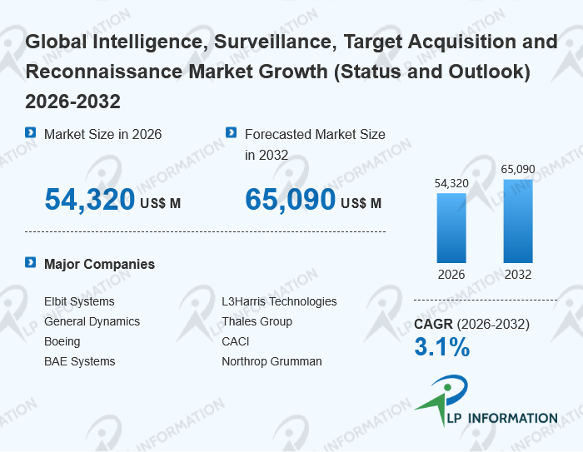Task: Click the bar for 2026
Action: click(x=451, y=228)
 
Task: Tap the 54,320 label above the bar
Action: click(x=451, y=183)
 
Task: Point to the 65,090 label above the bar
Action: click(x=518, y=169)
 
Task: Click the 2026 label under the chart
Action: click(x=451, y=275)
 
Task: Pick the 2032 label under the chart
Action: click(x=518, y=275)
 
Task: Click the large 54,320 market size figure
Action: click(x=89, y=200)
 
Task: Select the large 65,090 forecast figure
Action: click(x=290, y=200)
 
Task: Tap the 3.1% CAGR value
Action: click(x=441, y=347)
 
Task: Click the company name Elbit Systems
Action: click(x=79, y=301)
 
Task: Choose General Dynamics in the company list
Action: click(x=92, y=321)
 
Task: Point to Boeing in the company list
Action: click(x=62, y=341)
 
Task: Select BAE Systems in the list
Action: click(x=80, y=361)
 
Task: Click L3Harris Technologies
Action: click(x=279, y=301)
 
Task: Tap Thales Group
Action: click(x=257, y=321)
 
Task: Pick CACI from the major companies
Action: click(x=236, y=341)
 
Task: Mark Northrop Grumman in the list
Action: click(x=272, y=361)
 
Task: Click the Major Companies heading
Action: click(x=99, y=264)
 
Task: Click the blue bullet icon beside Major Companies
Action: click(x=31, y=263)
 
